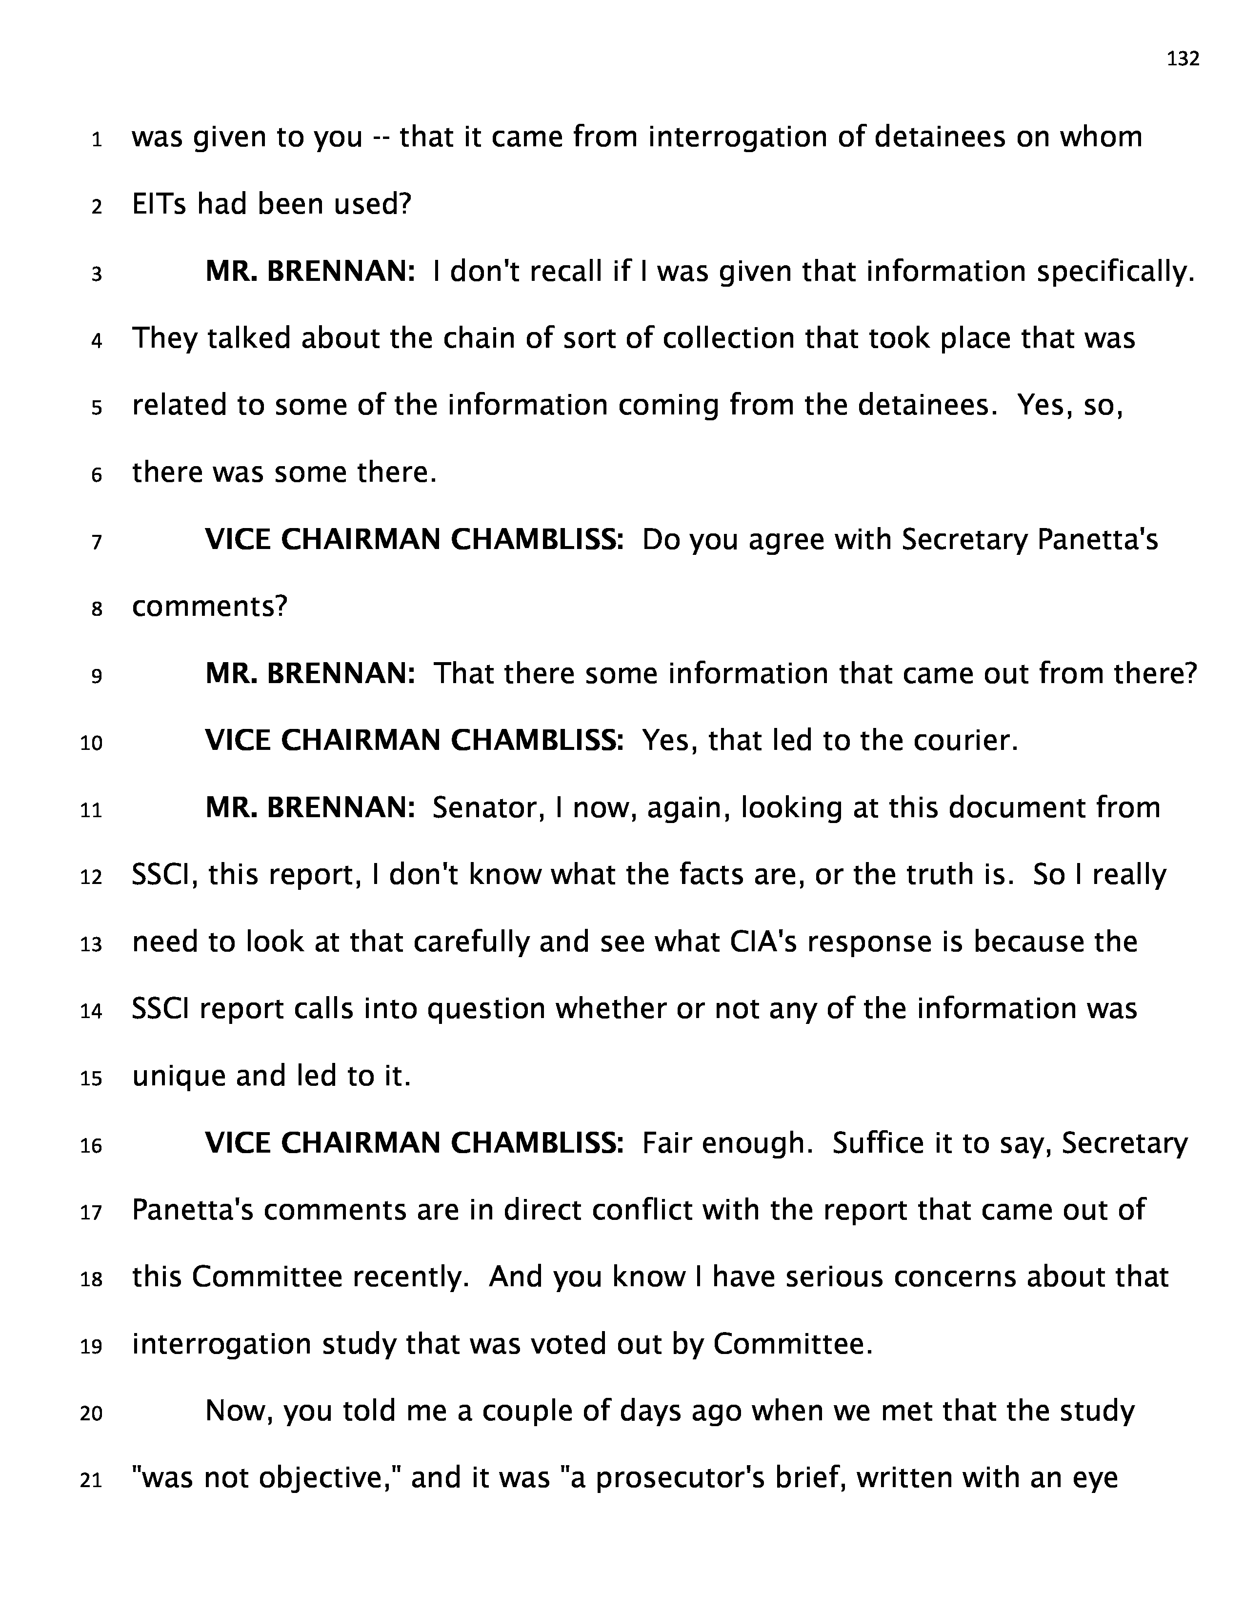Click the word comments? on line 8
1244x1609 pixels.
click(209, 607)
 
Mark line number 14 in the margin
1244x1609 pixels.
click(91, 1012)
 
